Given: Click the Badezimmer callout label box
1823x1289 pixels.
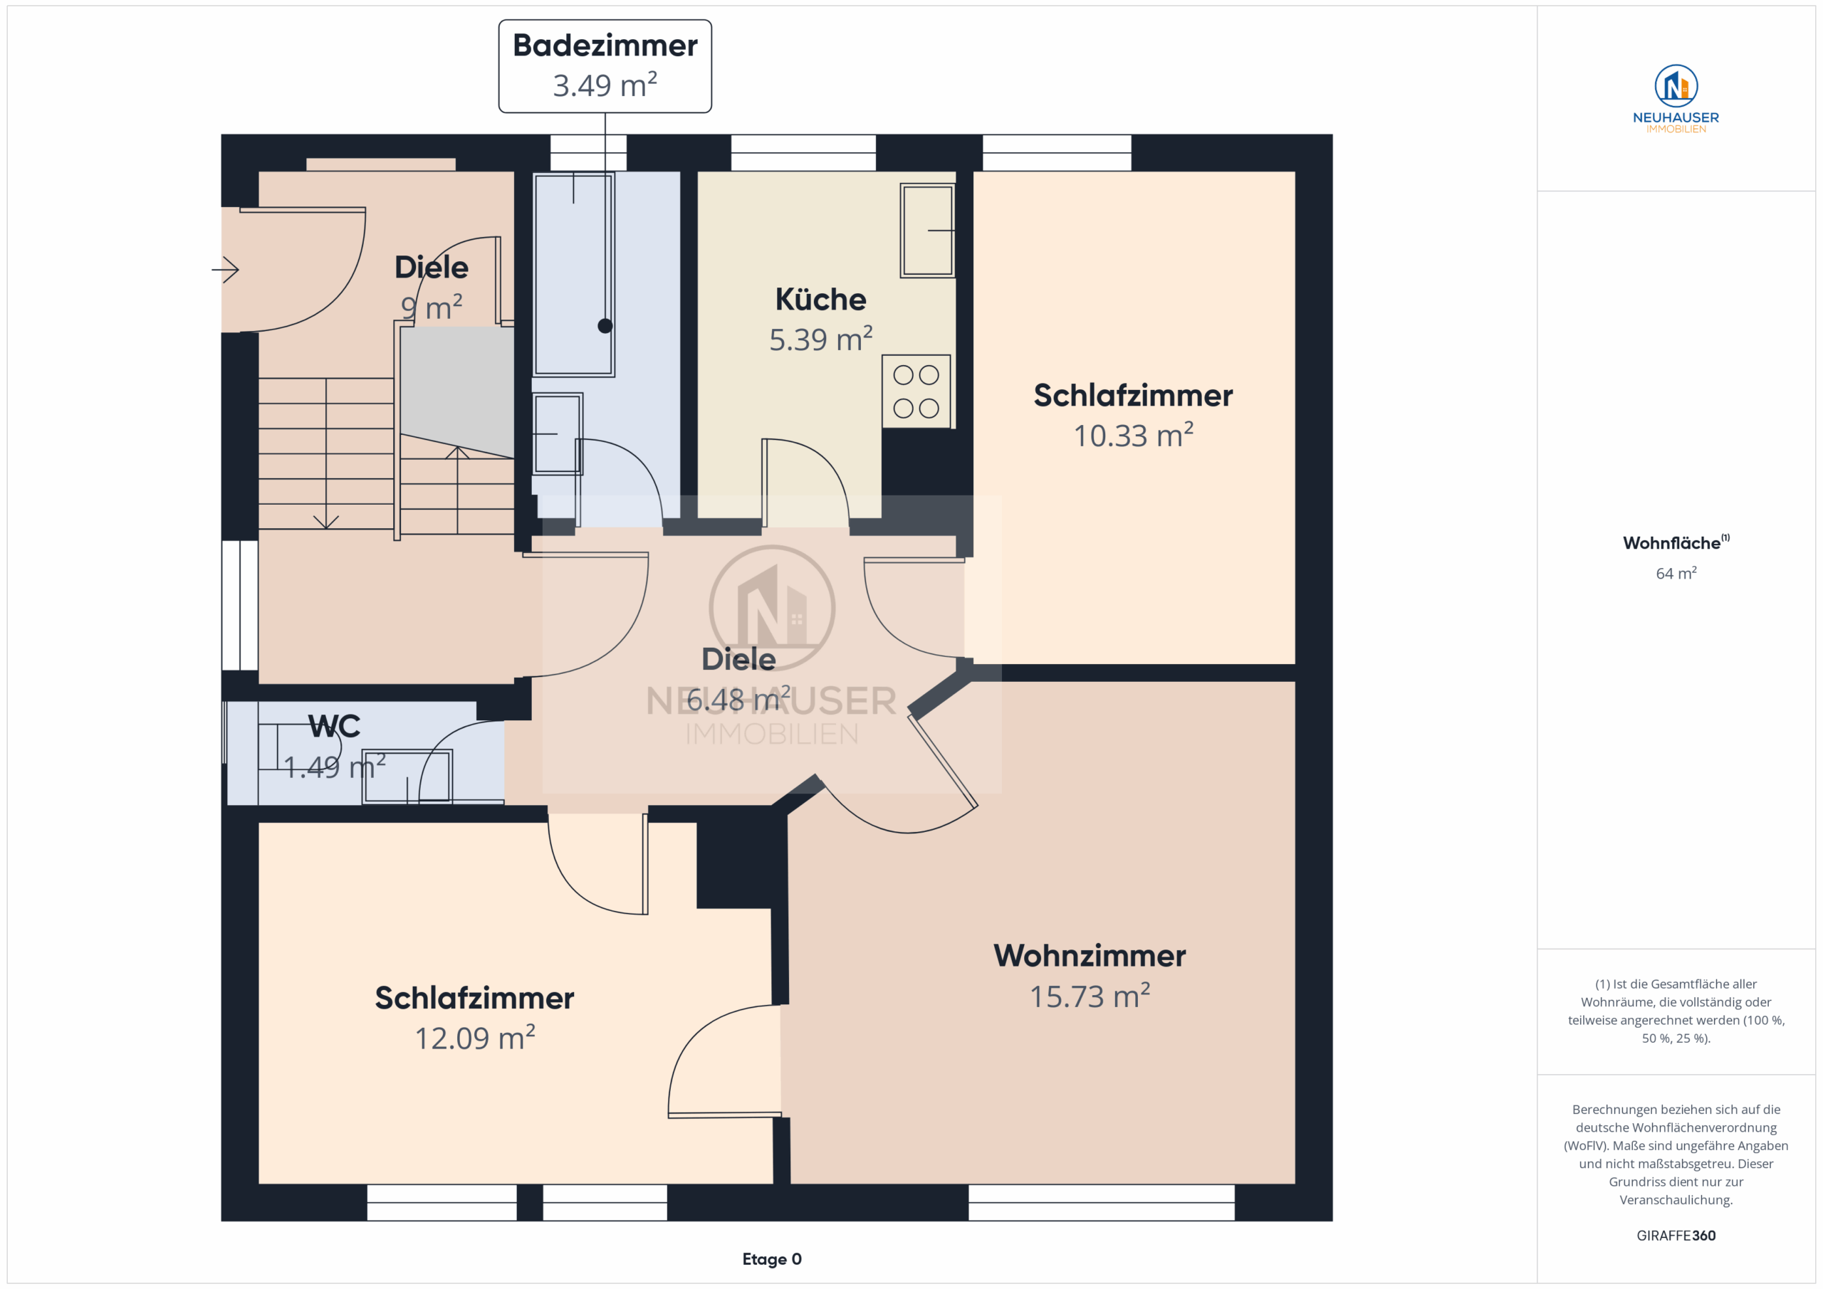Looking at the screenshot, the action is pos(605,66).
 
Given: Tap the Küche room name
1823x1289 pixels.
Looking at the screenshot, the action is pos(820,299).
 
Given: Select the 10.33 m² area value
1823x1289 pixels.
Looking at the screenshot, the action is pos(1133,434).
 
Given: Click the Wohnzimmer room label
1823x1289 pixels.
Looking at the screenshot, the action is pos(1090,956).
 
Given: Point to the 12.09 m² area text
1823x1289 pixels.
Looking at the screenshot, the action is pos(475,1037).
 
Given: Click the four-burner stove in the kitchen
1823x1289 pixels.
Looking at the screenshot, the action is pos(916,391).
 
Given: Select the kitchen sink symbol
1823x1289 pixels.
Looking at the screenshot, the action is pos(927,230).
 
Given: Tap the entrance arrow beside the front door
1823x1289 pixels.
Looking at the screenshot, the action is pos(226,270).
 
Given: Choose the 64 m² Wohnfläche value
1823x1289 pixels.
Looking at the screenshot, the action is pos(1676,572).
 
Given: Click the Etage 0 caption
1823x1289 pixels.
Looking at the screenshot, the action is pos(772,1259).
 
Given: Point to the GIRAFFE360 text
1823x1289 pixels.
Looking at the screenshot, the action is pos(1676,1235).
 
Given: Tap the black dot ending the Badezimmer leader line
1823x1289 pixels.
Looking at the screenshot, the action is pos(605,325).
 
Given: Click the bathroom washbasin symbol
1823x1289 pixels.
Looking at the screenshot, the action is pos(558,433).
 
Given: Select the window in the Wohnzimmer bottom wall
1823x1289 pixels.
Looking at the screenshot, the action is pos(1101,1202).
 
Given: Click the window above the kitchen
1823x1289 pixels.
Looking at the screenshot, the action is pos(803,152).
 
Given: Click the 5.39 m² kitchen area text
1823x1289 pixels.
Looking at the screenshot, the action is pos(820,339).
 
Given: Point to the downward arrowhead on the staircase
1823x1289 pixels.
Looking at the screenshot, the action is pos(325,522).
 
